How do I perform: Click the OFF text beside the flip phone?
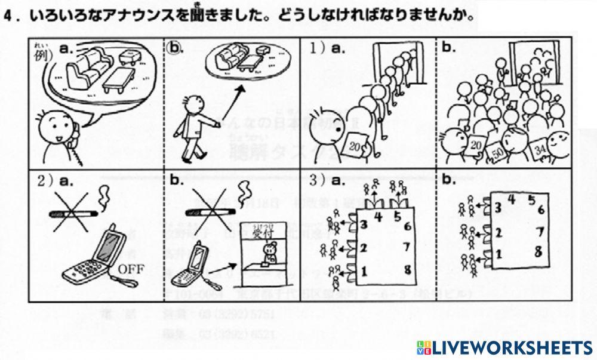(x=131, y=267)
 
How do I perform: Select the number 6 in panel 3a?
(x=407, y=226)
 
